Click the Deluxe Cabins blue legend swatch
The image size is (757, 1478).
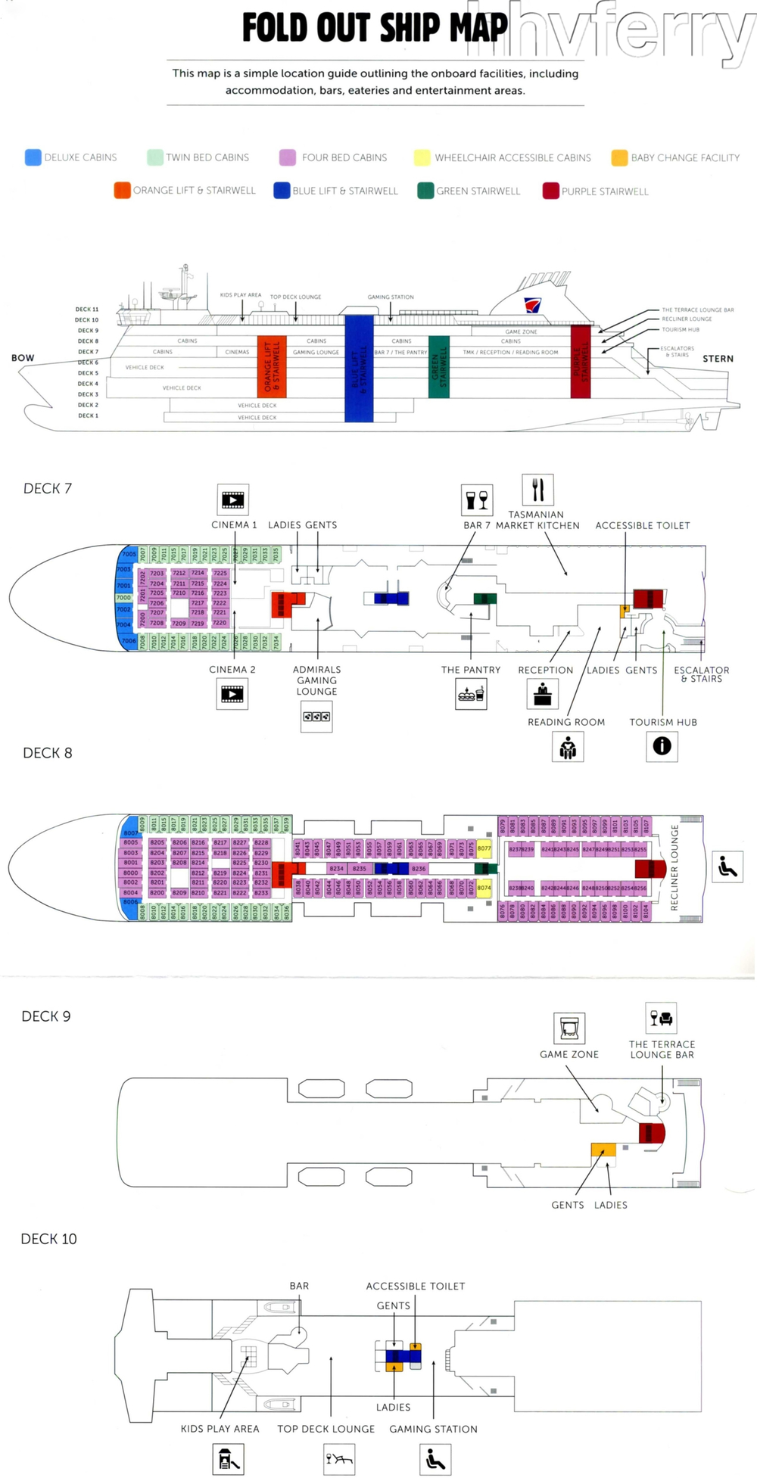33,157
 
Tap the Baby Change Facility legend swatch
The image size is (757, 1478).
619,157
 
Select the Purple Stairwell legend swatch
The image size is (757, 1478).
550,191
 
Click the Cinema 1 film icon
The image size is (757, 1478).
232,499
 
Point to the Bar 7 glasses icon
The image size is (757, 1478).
477,500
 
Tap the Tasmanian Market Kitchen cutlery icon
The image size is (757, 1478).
537,490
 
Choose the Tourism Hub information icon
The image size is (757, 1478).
662,746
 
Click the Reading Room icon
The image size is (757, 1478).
568,748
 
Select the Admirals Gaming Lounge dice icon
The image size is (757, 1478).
316,717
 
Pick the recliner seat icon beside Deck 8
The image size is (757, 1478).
727,867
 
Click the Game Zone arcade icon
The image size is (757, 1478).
569,1028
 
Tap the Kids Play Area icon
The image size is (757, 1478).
228,1459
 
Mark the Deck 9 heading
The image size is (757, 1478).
46,1016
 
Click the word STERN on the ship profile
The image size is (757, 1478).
718,359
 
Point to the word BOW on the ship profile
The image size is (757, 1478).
23,358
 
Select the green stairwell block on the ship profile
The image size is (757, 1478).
439,366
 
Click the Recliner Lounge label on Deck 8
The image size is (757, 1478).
674,867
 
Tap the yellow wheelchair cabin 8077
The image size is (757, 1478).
484,848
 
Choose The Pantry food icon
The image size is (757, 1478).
471,694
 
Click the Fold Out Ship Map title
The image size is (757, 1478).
375,28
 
